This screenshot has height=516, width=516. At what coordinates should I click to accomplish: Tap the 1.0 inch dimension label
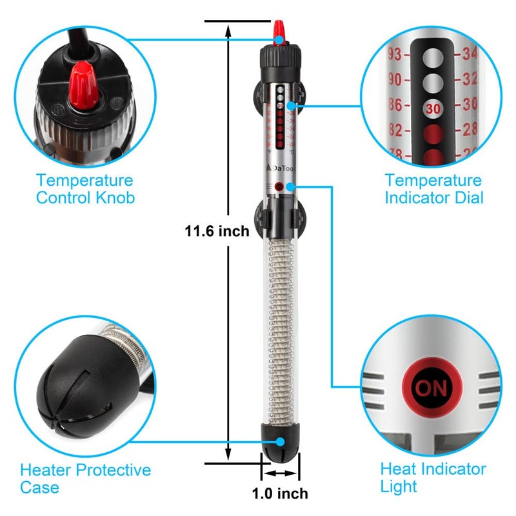click(279, 494)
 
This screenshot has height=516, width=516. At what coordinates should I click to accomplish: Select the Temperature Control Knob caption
click(85, 189)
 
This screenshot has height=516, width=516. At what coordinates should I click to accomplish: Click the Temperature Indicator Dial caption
click(433, 189)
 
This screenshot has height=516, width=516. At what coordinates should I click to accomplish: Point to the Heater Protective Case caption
click(85, 479)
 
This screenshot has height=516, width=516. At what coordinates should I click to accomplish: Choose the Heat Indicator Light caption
click(433, 477)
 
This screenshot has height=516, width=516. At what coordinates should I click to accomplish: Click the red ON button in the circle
click(430, 388)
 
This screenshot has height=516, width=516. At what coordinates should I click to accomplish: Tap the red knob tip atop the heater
click(279, 29)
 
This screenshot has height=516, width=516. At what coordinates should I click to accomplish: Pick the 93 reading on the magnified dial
click(395, 53)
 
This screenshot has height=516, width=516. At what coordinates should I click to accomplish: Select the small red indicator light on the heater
click(279, 186)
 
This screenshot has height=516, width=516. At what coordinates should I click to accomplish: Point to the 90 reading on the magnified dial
click(395, 79)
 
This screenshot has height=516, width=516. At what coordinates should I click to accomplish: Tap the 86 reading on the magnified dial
click(395, 104)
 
